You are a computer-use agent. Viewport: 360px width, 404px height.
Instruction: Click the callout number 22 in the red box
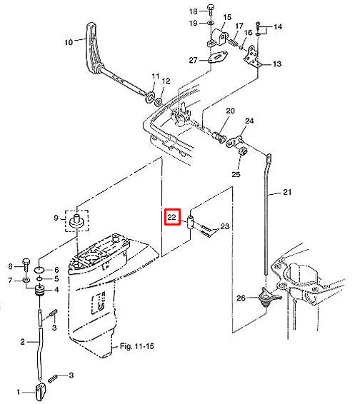[x=171, y=217]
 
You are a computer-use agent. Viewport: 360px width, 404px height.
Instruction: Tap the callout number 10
[x=69, y=42]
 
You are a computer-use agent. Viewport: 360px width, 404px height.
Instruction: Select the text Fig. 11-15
[x=136, y=346]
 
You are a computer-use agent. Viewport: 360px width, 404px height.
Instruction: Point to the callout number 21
[x=287, y=192]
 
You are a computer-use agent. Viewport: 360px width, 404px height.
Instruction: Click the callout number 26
[x=241, y=298]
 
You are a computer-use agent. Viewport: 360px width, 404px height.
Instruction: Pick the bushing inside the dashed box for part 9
[x=77, y=221]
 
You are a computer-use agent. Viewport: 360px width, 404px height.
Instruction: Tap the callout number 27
[x=194, y=60]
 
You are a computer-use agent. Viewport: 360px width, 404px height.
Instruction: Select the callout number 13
[x=277, y=64]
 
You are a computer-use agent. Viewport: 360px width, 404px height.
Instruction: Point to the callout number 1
[x=19, y=392]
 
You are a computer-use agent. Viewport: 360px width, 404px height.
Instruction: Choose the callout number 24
[x=249, y=121]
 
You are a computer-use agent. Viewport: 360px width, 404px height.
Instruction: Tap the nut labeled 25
[x=243, y=151]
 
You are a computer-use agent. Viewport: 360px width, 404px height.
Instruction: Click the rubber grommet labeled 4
[x=40, y=291]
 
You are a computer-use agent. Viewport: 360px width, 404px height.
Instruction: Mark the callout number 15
[x=227, y=17]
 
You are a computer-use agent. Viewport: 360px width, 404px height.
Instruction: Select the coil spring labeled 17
[x=234, y=43]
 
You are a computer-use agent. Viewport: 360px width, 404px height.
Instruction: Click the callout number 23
[x=224, y=226]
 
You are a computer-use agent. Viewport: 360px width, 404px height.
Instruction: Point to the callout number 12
[x=166, y=81]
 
